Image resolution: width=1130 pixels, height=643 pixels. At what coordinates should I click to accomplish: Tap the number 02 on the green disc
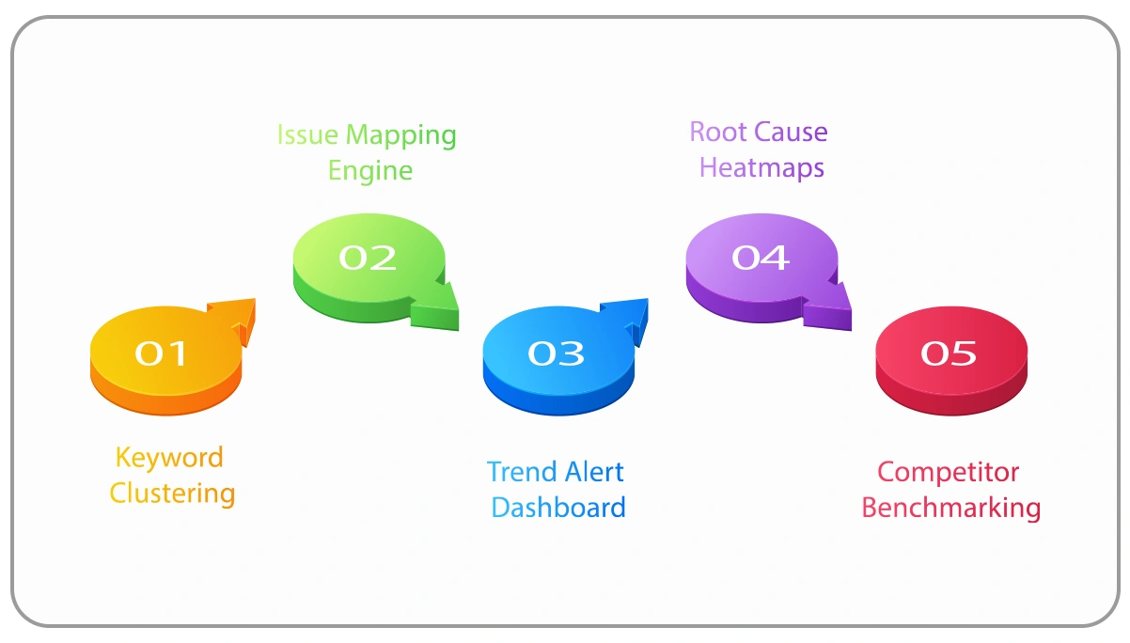pyautogui.click(x=367, y=258)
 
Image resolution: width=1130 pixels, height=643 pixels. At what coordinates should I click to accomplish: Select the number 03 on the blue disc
pyautogui.click(x=556, y=353)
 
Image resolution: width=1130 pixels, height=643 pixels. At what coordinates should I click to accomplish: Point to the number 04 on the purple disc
pyautogui.click(x=760, y=258)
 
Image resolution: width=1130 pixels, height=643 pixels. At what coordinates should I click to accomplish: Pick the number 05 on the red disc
pyautogui.click(x=949, y=353)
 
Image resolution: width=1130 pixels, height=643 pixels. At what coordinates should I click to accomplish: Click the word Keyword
pyautogui.click(x=169, y=458)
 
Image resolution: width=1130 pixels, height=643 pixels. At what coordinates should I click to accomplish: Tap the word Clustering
pyautogui.click(x=172, y=494)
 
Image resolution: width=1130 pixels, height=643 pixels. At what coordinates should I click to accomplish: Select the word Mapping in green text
pyautogui.click(x=400, y=136)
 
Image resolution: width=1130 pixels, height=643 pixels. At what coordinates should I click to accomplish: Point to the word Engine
pyautogui.click(x=370, y=171)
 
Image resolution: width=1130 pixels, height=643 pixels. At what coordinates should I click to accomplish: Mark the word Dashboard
pyautogui.click(x=557, y=508)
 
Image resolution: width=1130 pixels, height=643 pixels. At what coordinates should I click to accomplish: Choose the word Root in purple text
pyautogui.click(x=718, y=132)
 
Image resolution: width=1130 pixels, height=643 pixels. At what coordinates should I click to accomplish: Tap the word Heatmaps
pyautogui.click(x=761, y=167)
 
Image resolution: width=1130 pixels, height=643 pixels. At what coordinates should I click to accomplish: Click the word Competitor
pyautogui.click(x=948, y=472)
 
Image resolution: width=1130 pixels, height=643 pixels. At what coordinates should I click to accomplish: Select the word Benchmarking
pyautogui.click(x=950, y=508)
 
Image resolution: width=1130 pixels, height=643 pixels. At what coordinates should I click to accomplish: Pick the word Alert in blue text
pyautogui.click(x=594, y=472)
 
